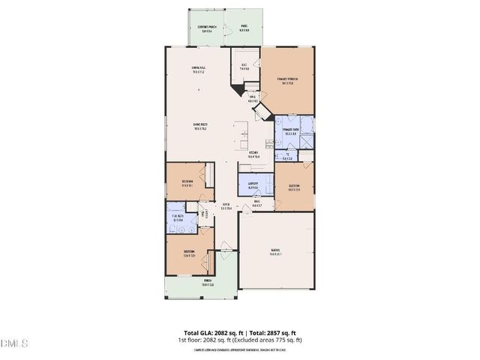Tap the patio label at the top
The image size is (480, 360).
tap(244, 28)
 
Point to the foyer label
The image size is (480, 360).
tap(226, 207)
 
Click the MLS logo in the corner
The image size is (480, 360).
tap(14, 343)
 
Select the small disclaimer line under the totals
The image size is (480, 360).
tap(239, 349)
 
